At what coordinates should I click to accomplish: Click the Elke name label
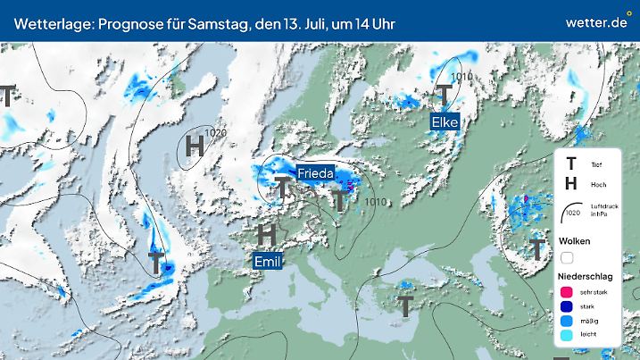[x=445, y=121]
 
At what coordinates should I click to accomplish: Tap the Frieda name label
[x=315, y=172]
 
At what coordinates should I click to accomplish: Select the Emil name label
[x=268, y=261]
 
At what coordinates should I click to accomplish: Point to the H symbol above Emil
[x=266, y=236]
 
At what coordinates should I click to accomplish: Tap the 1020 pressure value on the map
[x=214, y=134]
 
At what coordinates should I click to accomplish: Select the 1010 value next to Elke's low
[x=462, y=78]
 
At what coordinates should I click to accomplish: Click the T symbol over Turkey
[x=405, y=306]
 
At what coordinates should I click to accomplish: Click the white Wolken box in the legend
[x=567, y=257]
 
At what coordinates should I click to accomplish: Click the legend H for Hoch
[x=570, y=183]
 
